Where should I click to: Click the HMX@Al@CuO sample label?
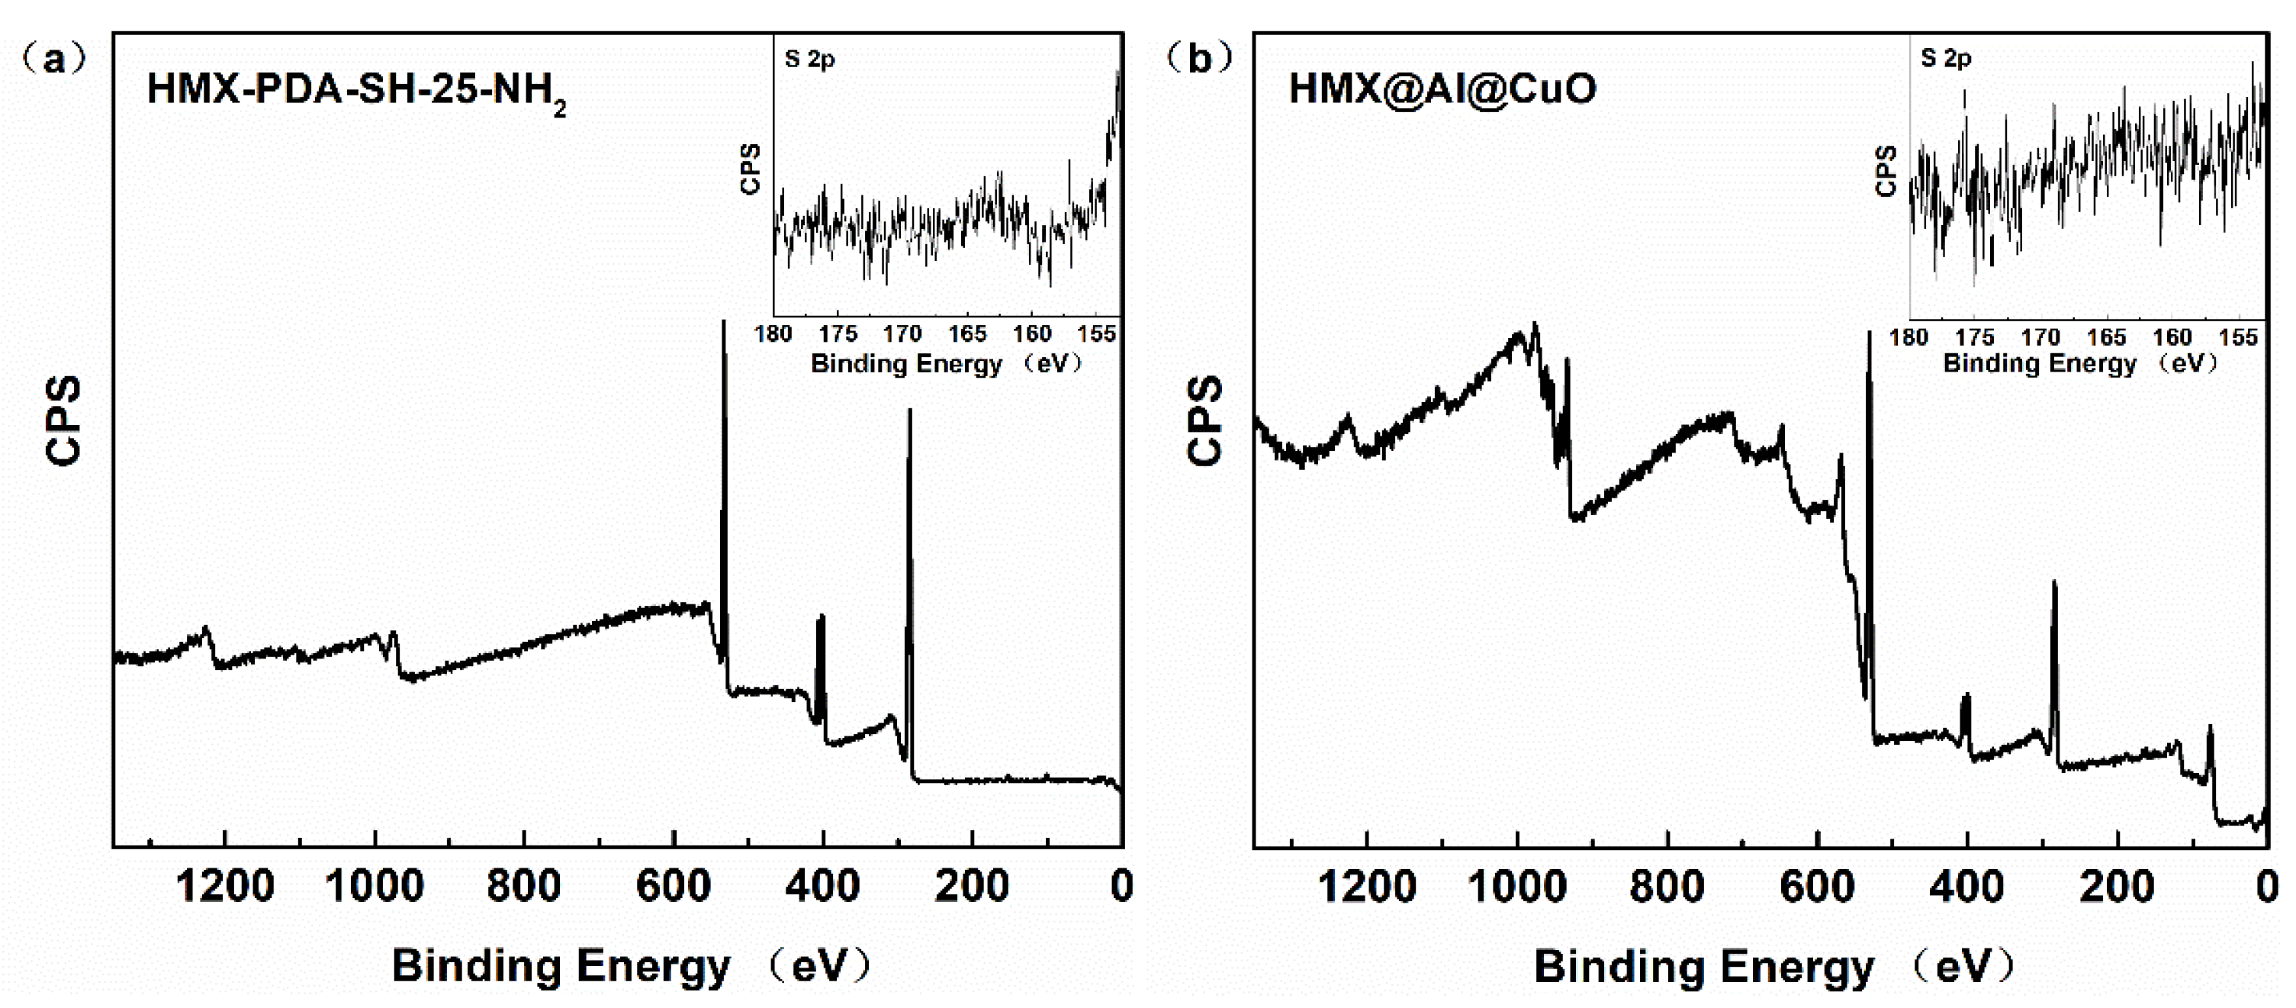pos(1442,89)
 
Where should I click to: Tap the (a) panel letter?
pos(53,60)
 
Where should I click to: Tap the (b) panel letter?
pos(1199,59)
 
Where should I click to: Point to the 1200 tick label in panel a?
pos(224,887)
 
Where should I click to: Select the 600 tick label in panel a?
pos(673,887)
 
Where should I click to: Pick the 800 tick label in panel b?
pos(1666,887)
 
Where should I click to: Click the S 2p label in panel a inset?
pos(809,60)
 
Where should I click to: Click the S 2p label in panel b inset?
pos(1946,59)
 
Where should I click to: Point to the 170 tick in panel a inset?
pos(902,334)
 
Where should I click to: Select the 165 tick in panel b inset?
pos(2106,338)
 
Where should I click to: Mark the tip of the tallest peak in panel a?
pos(723,323)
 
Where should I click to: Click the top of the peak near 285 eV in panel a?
pos(909,412)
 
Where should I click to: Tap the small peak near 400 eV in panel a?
pos(820,617)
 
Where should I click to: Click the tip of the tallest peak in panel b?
pos(1868,334)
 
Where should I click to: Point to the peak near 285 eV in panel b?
pos(2054,584)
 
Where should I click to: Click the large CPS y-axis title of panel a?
pos(63,420)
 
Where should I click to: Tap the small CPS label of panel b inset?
pos(1885,171)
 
